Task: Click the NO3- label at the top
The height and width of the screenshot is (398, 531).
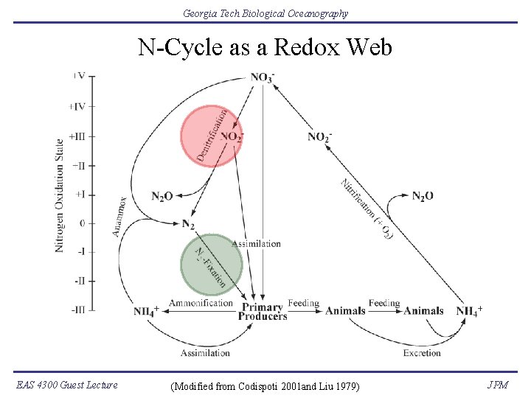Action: [263, 77]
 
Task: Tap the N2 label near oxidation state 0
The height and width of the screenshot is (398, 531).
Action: [188, 223]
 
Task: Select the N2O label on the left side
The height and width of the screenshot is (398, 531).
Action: [162, 196]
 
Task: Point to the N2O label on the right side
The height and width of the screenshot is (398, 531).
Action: [423, 196]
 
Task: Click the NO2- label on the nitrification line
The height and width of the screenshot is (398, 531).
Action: [319, 136]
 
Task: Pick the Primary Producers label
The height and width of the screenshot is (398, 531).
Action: [262, 312]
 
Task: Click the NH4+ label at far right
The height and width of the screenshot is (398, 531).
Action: [469, 311]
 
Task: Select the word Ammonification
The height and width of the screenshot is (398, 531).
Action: [201, 303]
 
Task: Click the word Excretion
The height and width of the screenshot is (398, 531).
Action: [422, 353]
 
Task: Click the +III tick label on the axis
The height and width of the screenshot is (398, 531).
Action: [77, 136]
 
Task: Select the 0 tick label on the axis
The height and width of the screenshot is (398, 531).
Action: [83, 223]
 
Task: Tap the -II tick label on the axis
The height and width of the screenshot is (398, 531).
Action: [78, 281]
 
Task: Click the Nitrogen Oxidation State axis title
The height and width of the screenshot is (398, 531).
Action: [59, 195]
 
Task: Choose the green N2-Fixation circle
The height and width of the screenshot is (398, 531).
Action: [211, 263]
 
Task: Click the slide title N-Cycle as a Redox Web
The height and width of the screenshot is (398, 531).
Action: [265, 48]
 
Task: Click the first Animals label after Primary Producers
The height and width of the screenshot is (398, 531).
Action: [345, 311]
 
